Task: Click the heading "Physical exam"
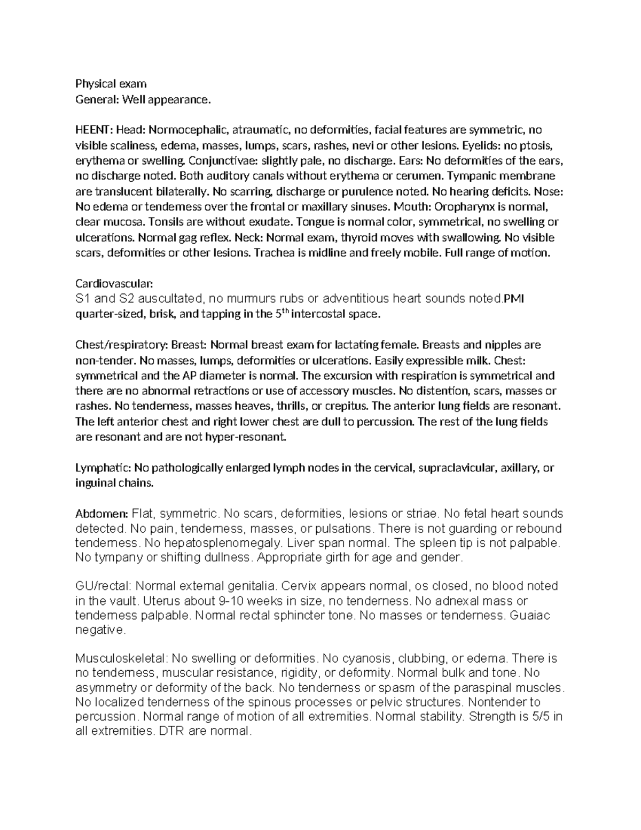(111, 84)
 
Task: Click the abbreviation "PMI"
(514, 299)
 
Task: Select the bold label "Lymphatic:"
(104, 468)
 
